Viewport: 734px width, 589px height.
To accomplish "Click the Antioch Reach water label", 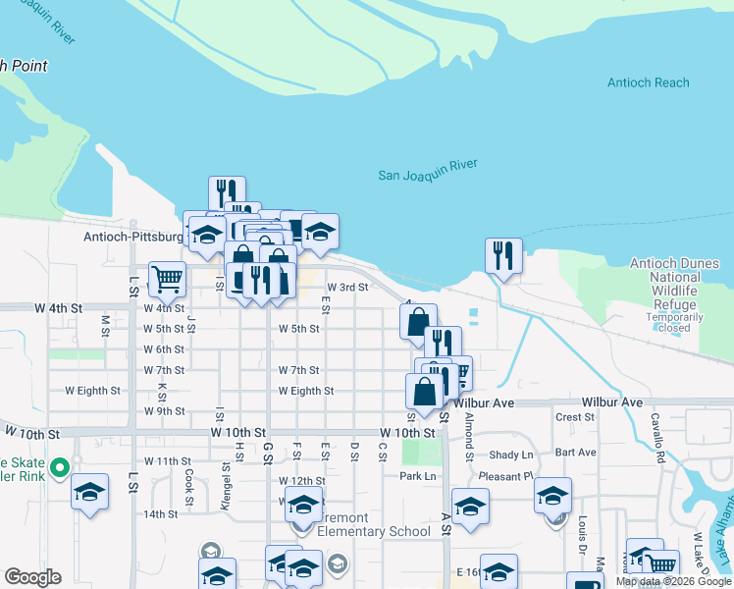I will [648, 83].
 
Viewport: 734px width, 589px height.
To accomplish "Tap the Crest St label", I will [575, 417].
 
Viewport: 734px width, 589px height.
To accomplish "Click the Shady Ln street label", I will [510, 455].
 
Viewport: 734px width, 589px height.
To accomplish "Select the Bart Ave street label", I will [575, 453].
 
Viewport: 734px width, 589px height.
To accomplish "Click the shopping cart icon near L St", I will [167, 279].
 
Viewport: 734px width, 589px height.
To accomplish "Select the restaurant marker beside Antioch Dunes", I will [503, 255].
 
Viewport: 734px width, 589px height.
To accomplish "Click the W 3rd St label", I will [347, 288].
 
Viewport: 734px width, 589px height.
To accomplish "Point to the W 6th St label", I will [164, 349].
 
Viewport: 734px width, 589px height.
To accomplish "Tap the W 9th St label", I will [164, 411].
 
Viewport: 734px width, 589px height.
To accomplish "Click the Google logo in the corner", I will [32, 577].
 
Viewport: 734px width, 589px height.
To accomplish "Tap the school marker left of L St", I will [89, 492].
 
